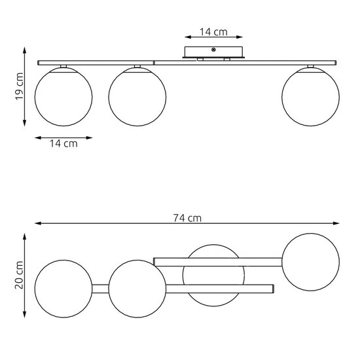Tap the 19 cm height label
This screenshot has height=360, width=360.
pyautogui.click(x=20, y=86)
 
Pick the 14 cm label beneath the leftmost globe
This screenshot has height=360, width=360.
pyautogui.click(x=63, y=143)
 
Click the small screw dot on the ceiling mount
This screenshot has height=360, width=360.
pyautogui.click(x=215, y=50)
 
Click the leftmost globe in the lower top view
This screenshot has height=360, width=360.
pyautogui.click(x=63, y=287)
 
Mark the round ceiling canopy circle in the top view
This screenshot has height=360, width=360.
pyautogui.click(x=215, y=274)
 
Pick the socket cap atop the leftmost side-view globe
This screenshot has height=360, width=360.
pyautogui.click(x=63, y=67)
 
